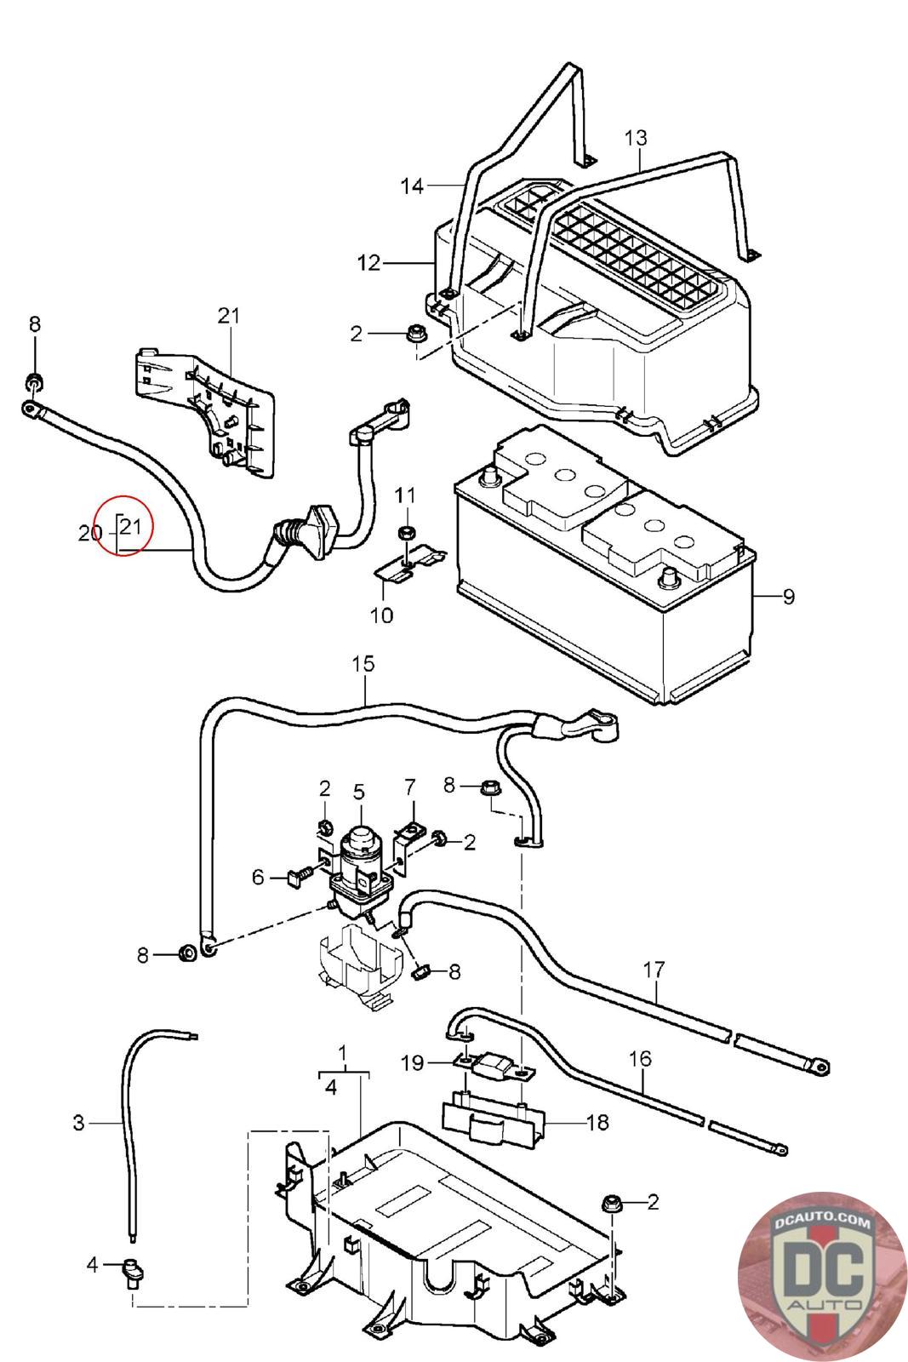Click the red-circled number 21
[130, 527]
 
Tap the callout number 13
[636, 137]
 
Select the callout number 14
[412, 186]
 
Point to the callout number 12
[369, 263]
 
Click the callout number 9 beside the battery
[789, 597]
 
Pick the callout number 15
[363, 663]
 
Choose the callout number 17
[654, 969]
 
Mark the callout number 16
[640, 1059]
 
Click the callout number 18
[598, 1122]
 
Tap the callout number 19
[412, 1063]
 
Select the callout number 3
[78, 1124]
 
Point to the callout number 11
[405, 495]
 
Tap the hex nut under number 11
[407, 533]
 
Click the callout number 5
[358, 792]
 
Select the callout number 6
[258, 878]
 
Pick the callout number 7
[410, 786]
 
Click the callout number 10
[382, 615]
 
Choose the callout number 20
[89, 534]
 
